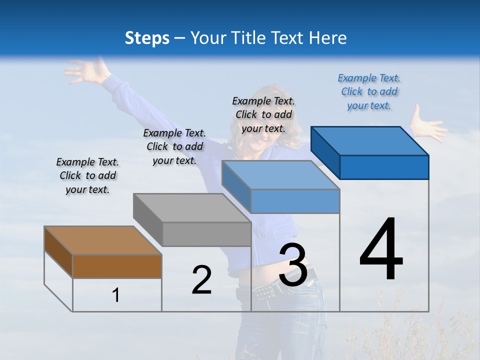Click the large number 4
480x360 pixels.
point(381,250)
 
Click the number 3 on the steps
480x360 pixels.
point(293,265)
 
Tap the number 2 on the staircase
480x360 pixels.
point(201,280)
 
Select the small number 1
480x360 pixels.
point(115,295)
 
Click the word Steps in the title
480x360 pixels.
point(147,38)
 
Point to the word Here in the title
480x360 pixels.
point(328,38)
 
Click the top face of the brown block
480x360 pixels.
point(102,240)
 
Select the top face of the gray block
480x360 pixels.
point(192,208)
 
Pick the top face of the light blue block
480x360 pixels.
point(280,175)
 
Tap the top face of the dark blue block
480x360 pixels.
point(369,141)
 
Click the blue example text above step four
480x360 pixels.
point(369,91)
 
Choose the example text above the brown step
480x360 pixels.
point(87,175)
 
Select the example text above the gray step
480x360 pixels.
point(174,146)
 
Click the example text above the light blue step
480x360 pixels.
point(263,114)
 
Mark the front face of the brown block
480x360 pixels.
point(117,266)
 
